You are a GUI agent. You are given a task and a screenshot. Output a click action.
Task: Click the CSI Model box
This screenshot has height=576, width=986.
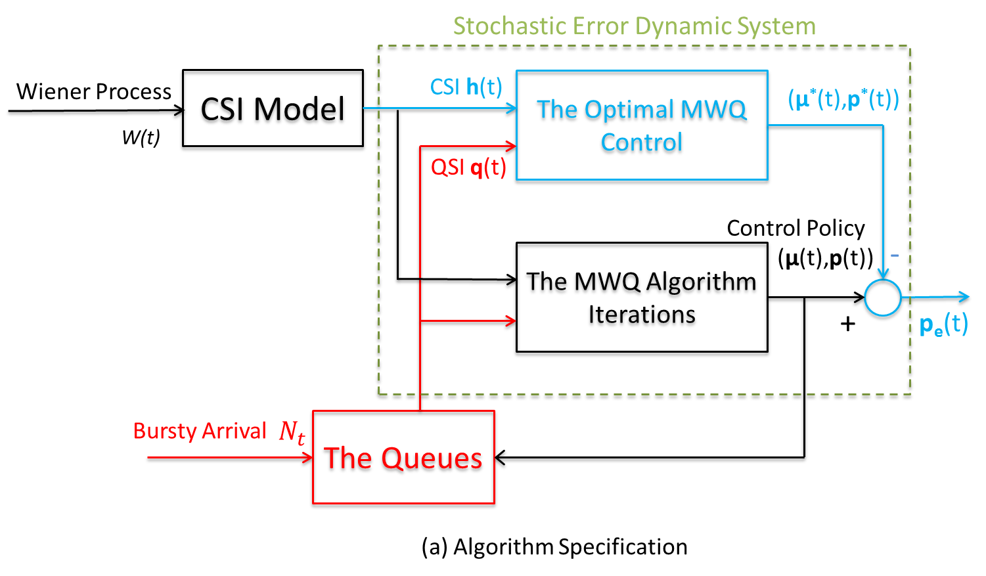273,111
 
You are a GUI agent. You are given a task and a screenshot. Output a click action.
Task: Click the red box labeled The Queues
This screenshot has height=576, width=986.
403,458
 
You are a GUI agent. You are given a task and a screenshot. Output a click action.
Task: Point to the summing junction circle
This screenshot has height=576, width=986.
882,298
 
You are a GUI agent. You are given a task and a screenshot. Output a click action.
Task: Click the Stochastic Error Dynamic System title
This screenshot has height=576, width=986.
635,26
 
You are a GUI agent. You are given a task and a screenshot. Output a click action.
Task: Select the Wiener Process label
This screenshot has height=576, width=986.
94,91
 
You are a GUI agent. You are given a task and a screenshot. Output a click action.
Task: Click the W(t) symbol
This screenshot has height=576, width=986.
141,137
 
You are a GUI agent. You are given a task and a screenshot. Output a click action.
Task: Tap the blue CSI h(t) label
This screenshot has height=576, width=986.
466,87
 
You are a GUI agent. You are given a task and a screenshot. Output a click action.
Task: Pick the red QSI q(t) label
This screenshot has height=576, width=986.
468,167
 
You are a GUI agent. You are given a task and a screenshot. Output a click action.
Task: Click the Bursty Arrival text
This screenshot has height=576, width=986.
200,432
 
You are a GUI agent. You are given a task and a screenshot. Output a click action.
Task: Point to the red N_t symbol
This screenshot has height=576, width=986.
292,432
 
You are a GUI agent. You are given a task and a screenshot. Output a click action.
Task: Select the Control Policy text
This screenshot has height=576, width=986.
796,229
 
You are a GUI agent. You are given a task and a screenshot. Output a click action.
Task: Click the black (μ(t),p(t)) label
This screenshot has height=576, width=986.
826,258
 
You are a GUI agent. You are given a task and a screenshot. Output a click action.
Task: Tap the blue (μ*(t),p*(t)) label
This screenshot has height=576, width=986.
843,100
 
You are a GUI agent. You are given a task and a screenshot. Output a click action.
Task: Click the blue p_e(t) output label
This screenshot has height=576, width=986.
944,324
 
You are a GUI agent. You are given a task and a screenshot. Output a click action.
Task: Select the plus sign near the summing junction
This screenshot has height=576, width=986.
848,324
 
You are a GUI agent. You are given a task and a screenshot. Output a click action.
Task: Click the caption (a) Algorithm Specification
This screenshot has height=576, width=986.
554,547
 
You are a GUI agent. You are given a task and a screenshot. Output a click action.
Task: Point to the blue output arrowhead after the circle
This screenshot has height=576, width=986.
964,298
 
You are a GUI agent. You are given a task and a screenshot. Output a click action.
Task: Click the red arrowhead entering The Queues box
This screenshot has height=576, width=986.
306,459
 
